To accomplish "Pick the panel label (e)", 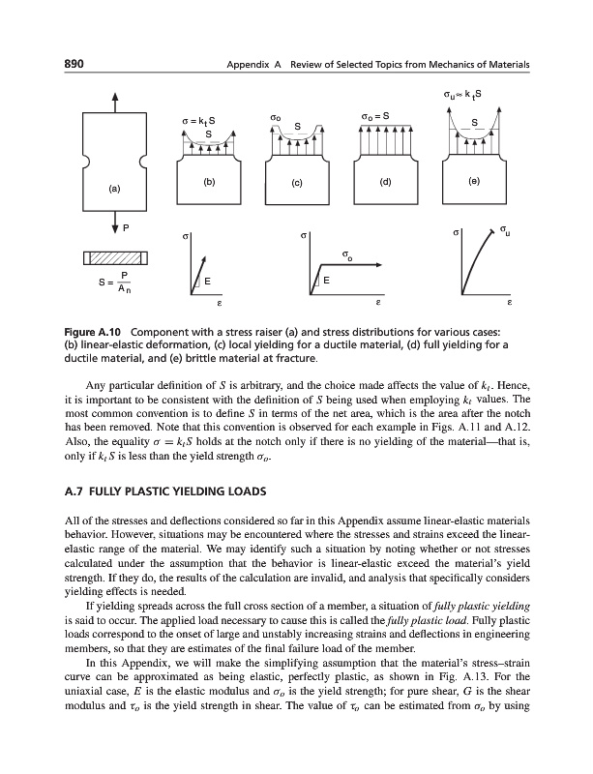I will click(x=473, y=180).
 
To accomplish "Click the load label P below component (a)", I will click(x=126, y=227).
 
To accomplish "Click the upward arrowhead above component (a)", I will click(x=115, y=95).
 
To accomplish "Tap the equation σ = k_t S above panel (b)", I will click(x=197, y=119).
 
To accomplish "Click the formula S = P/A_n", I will click(x=113, y=282).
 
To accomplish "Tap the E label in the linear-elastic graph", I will click(x=207, y=282).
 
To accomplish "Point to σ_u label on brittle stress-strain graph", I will click(x=507, y=229).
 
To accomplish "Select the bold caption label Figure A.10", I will click(x=94, y=322).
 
